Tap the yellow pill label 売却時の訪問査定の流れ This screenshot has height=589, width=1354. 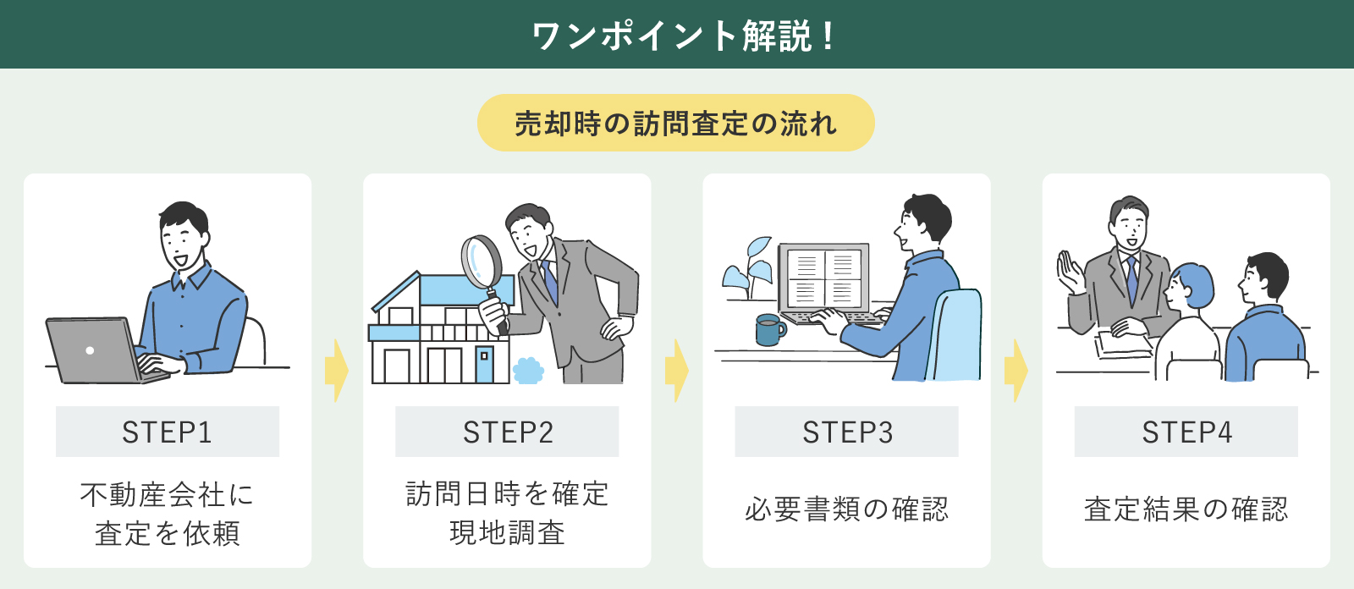[675, 124]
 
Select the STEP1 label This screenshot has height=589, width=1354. [167, 432]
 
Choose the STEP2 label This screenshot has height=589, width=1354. [507, 432]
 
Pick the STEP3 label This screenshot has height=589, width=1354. [847, 432]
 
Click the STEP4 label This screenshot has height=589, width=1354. [1186, 432]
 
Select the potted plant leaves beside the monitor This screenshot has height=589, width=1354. [748, 267]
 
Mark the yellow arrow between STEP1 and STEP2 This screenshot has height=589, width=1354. [336, 371]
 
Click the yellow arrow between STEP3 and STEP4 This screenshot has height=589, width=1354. [1015, 371]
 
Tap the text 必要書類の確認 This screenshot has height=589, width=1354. [847, 509]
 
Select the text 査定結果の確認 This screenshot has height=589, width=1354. [1186, 509]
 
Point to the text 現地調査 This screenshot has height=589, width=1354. [507, 533]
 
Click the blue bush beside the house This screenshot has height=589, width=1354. [528, 371]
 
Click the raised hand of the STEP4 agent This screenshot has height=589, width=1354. [1069, 272]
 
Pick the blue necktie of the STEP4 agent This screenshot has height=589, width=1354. [1131, 279]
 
